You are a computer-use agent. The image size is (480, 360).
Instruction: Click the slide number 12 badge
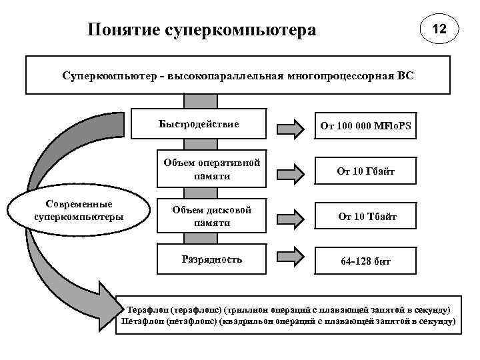click(438, 30)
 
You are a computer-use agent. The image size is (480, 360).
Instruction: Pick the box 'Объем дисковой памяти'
click(211, 217)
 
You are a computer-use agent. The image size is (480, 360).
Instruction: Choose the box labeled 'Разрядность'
click(211, 259)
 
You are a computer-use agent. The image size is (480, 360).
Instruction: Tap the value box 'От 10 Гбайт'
click(366, 171)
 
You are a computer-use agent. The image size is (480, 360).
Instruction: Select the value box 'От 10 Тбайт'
click(366, 217)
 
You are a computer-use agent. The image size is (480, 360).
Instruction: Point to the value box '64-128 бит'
click(366, 261)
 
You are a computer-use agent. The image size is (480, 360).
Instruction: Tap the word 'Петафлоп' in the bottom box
click(143, 321)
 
